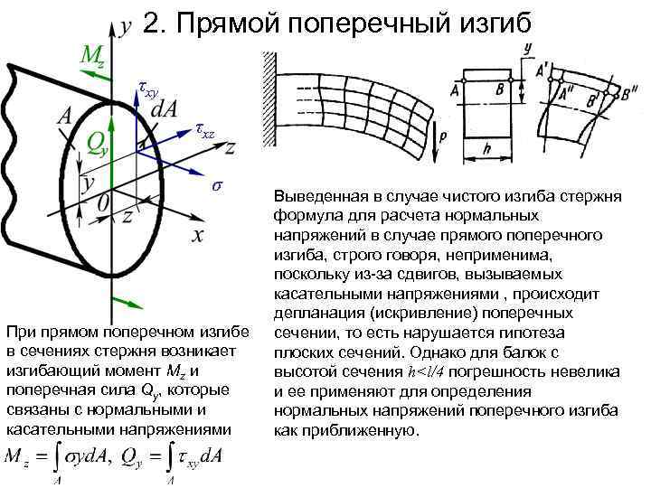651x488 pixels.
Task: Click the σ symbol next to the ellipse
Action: coord(216,186)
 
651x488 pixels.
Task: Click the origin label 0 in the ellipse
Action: coord(105,205)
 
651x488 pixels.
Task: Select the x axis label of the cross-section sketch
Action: coord(197,235)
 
